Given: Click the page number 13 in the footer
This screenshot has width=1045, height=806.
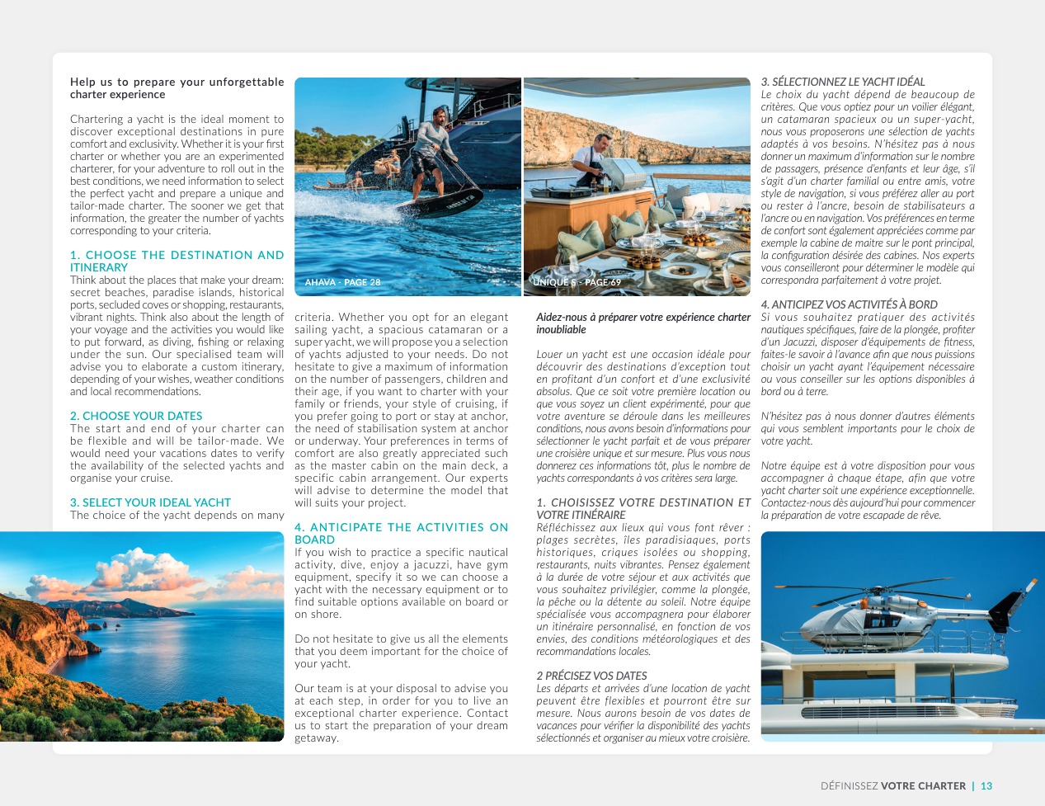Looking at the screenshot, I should [x=986, y=786].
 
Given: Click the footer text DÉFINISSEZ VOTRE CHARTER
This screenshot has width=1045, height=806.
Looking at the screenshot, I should [x=892, y=786].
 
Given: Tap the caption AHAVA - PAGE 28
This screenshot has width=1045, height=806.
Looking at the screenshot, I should [x=342, y=282].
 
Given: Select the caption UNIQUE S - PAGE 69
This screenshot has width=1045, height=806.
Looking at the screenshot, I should [x=577, y=282].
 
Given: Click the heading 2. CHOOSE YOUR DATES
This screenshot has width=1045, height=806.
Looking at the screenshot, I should [x=136, y=416].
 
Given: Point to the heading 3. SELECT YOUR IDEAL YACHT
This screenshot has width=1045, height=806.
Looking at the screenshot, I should [x=150, y=502].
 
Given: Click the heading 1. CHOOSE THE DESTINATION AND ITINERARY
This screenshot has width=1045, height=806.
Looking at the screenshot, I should [x=177, y=261].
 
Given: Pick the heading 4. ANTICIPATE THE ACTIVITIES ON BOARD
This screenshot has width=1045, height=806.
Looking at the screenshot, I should [x=401, y=533].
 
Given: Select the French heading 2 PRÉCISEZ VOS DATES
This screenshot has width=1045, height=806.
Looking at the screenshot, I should [x=591, y=676].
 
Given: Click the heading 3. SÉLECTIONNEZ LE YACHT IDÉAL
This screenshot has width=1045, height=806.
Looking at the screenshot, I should [x=842, y=82].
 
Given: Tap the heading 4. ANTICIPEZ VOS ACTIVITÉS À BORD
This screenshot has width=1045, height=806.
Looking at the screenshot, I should [x=849, y=304].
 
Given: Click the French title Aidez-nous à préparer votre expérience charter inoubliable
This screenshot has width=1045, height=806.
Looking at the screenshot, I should [x=643, y=323].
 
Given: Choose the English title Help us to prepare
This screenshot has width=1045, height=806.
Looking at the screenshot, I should [x=177, y=87].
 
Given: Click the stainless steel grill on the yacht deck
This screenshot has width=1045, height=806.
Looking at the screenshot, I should [x=626, y=176].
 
